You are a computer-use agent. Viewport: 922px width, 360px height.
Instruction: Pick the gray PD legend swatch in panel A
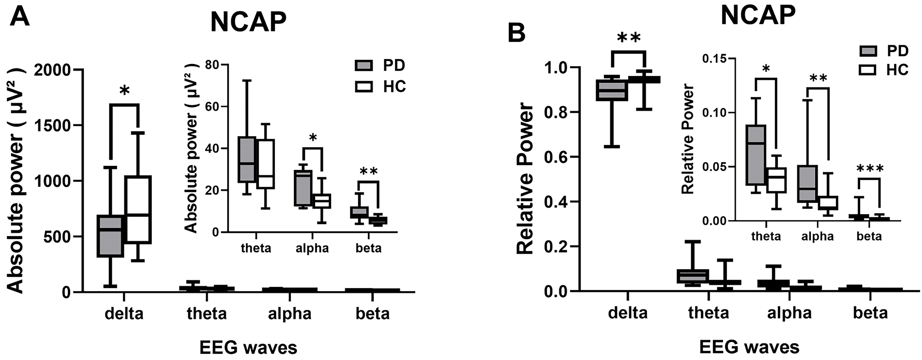click(364, 65)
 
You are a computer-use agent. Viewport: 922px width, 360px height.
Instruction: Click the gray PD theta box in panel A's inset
click(247, 159)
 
